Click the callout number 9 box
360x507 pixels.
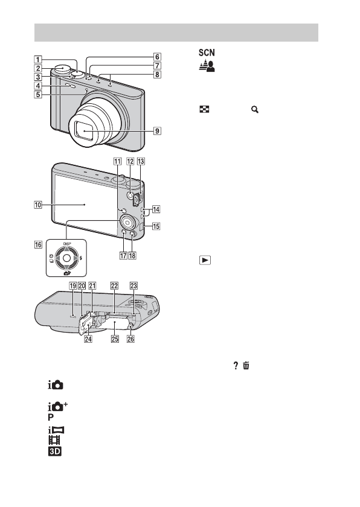click(157, 131)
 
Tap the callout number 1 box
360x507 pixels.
click(38, 60)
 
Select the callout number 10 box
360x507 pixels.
click(38, 205)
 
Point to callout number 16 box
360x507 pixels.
click(38, 244)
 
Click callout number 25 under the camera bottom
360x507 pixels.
click(115, 339)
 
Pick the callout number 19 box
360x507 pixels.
click(72, 286)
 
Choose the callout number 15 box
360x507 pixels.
click(156, 226)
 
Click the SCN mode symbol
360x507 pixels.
click(207, 53)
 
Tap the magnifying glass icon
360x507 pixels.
click(255, 110)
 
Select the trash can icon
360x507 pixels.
click(246, 365)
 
